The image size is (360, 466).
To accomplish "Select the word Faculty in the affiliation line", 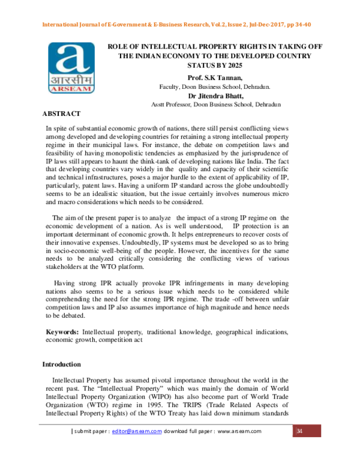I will point(170,86).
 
